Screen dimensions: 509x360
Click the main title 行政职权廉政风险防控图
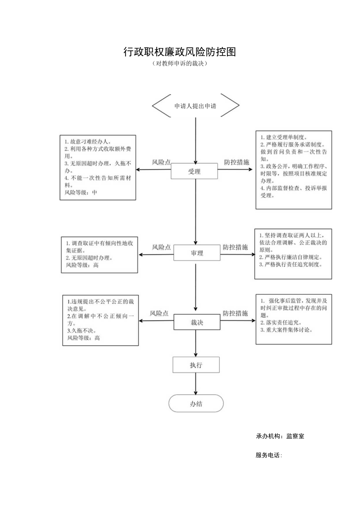pyautogui.click(x=180, y=52)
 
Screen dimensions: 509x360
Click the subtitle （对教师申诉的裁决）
pyautogui.click(x=180, y=64)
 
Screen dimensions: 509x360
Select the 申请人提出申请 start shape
pyautogui.click(x=195, y=106)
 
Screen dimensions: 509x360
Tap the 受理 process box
pyautogui.click(x=194, y=171)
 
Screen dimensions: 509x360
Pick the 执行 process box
pyautogui.click(x=196, y=365)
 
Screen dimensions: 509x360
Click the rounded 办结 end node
pyautogui.click(x=196, y=404)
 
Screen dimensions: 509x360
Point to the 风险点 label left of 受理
pyautogui.click(x=161, y=162)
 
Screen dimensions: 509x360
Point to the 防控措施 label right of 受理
pyautogui.click(x=236, y=162)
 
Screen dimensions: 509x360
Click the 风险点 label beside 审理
pyautogui.click(x=161, y=247)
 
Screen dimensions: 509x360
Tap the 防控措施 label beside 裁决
pyautogui.click(x=235, y=313)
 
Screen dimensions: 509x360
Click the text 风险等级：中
pyautogui.click(x=81, y=192)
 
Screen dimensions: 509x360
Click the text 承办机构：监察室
pyautogui.click(x=280, y=436)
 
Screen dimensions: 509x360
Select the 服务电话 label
pyautogui.click(x=269, y=455)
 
